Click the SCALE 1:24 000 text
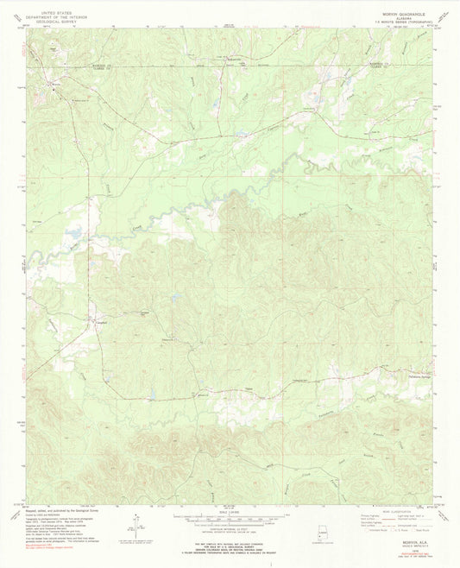click(230, 512)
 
